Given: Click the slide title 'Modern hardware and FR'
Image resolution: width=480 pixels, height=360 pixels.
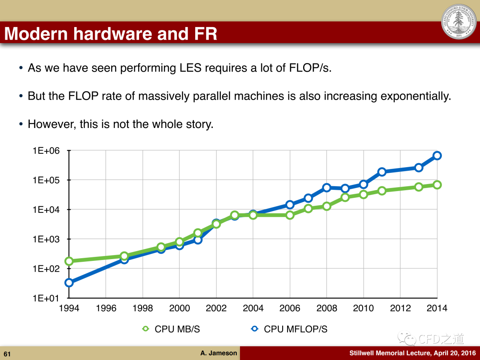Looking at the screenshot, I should point(111,34).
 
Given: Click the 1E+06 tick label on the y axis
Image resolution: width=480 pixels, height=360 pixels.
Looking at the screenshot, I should point(46,151).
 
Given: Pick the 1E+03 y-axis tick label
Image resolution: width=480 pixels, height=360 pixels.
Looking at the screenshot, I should point(46,239).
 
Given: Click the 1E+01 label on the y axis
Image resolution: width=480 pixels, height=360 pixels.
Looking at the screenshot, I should point(46,298).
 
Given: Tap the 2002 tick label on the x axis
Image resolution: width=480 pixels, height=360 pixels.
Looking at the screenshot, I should point(216,308).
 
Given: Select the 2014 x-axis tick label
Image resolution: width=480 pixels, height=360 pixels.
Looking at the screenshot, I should point(437,308).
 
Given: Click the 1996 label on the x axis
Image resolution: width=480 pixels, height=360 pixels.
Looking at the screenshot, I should point(106,308).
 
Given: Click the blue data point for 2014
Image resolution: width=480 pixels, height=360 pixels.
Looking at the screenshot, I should point(437,156).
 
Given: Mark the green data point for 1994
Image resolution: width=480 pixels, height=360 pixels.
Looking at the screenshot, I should point(69,261).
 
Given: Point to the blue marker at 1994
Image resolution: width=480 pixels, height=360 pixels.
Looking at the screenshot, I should point(69,282).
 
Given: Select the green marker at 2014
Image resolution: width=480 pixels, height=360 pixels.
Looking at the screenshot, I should point(437,184).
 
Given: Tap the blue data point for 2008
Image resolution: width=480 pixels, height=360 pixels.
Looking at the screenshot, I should point(327,188).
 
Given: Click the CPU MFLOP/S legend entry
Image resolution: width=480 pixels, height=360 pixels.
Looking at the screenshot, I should point(289,329).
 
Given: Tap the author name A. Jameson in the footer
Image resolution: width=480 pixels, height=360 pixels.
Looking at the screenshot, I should point(219,353).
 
